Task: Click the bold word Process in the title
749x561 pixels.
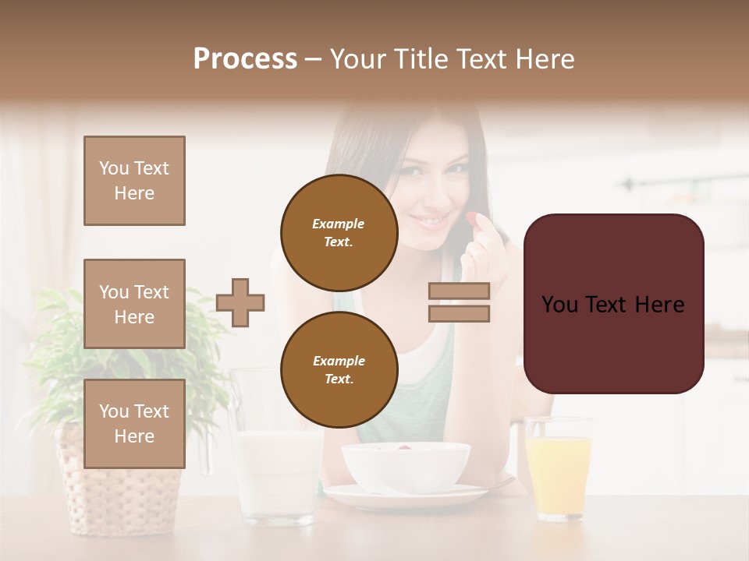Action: click(x=245, y=59)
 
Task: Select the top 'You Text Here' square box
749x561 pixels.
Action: click(x=134, y=181)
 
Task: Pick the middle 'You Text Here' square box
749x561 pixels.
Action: click(x=134, y=304)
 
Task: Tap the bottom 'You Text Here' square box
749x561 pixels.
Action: click(x=134, y=424)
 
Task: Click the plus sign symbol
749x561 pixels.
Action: click(x=240, y=302)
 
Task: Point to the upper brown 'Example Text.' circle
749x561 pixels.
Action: click(x=339, y=233)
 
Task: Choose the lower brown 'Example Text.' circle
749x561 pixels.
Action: click(x=339, y=370)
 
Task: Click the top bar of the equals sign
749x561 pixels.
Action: click(x=459, y=291)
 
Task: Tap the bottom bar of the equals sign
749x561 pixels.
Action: click(x=459, y=313)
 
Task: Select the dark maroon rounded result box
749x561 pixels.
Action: click(x=613, y=303)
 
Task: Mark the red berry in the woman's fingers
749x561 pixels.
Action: click(x=471, y=219)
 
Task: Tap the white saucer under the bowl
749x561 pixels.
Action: click(x=406, y=496)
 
